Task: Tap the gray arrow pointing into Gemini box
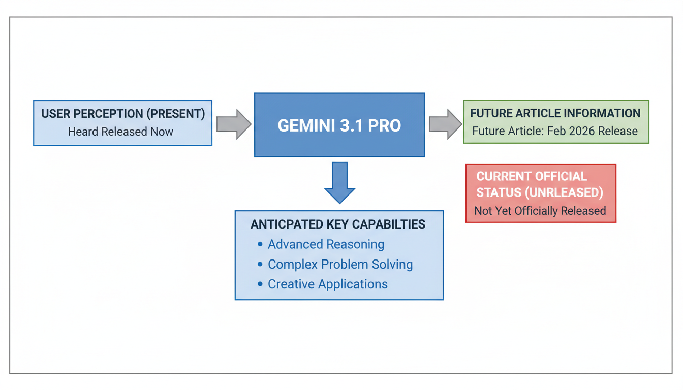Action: tap(234, 124)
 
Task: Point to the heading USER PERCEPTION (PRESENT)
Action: tap(123, 114)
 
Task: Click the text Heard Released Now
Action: tap(120, 132)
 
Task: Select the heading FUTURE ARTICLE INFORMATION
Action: tap(555, 113)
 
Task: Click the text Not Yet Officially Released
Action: tap(540, 211)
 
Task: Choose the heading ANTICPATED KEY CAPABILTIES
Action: tap(338, 224)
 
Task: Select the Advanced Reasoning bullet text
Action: tap(326, 244)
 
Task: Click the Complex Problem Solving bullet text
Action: tap(340, 264)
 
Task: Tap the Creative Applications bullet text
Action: tap(327, 284)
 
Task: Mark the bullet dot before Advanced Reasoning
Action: tap(260, 244)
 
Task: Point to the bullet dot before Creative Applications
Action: tap(260, 284)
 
